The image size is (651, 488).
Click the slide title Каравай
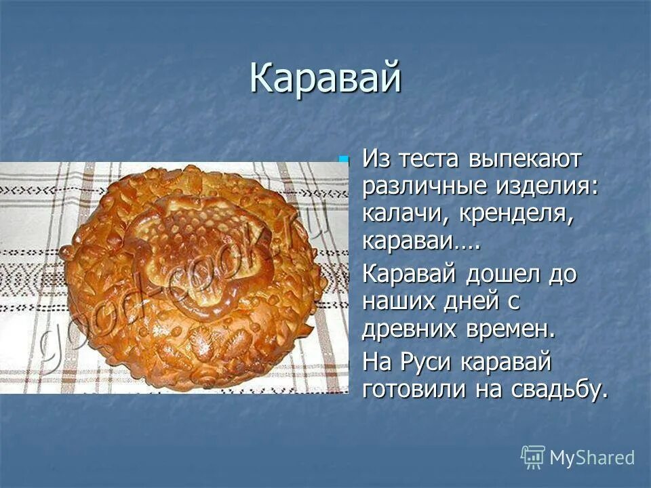tap(325, 79)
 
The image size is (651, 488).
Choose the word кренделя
tap(515, 215)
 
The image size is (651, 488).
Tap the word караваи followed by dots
tap(420, 242)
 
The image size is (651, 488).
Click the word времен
tap(515, 329)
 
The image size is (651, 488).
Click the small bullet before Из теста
tap(344, 160)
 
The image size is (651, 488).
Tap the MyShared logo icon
tap(533, 457)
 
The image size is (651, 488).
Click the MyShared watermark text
tap(592, 457)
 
